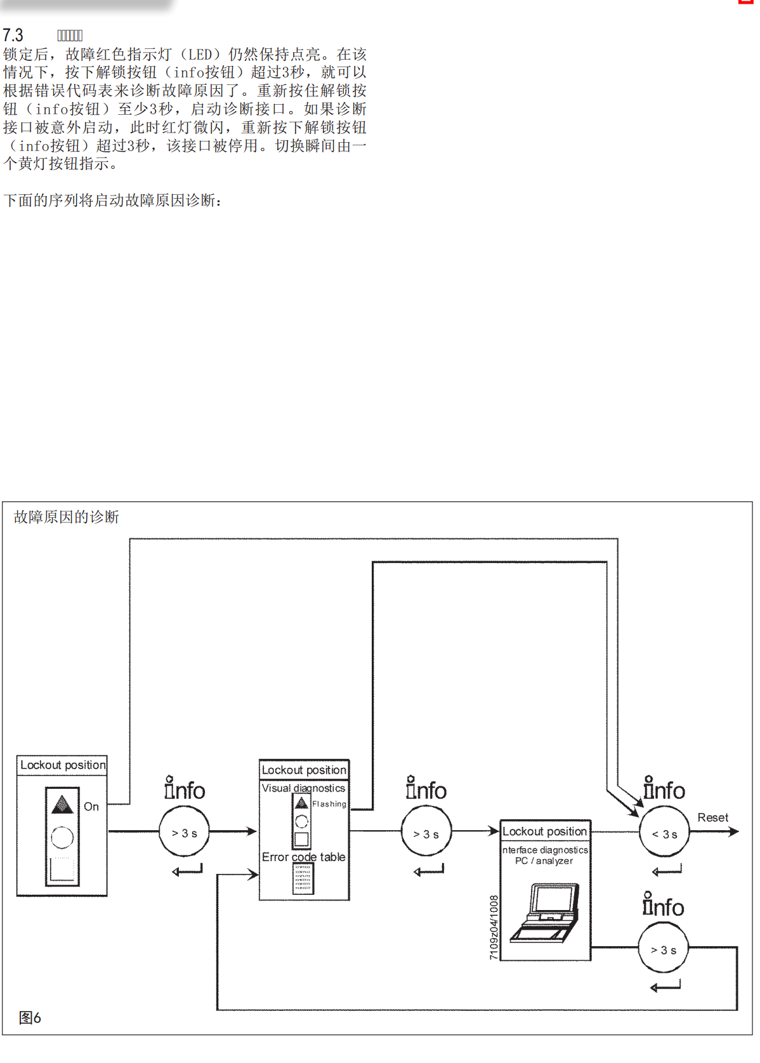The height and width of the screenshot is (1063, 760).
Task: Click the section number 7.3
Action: [13, 35]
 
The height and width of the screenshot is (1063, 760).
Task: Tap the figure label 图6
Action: [30, 1018]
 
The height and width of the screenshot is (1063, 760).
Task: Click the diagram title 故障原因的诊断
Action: [67, 517]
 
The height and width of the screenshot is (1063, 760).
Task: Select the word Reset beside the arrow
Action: [712, 817]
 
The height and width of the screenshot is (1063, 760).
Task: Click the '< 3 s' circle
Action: [664, 834]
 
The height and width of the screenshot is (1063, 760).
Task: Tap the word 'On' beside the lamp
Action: [91, 807]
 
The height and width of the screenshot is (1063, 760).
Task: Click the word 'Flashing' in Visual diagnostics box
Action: [329, 804]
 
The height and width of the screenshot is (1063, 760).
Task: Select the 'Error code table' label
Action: [304, 857]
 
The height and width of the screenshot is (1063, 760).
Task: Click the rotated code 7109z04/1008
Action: [494, 927]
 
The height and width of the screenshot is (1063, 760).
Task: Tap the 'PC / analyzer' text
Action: [544, 861]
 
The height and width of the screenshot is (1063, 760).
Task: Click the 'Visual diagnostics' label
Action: [304, 788]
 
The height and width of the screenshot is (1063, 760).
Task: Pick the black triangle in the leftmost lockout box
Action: [62, 805]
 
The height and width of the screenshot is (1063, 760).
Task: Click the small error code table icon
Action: [303, 879]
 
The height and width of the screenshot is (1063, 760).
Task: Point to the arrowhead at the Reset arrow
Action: [734, 831]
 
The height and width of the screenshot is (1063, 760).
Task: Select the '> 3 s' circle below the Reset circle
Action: [663, 949]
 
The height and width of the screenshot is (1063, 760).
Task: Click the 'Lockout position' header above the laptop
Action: [545, 831]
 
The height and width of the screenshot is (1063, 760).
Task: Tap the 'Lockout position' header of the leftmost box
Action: [63, 765]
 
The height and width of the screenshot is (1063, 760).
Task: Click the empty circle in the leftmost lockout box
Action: [62, 837]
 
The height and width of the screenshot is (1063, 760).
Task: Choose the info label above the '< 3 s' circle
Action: [664, 789]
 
